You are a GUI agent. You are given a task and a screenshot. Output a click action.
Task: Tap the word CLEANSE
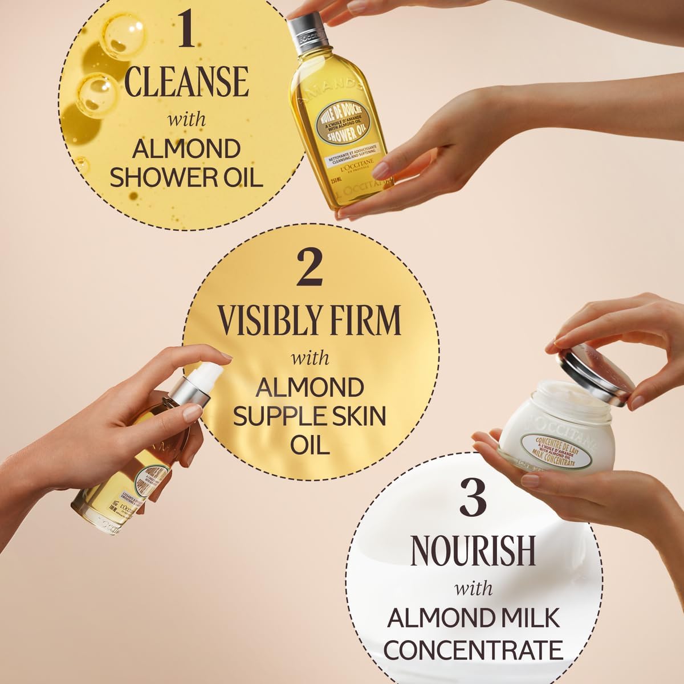pos(186,82)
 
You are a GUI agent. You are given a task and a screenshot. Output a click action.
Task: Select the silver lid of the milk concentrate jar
pos(596,376)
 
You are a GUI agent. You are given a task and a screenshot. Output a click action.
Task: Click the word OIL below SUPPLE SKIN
pos(311,444)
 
